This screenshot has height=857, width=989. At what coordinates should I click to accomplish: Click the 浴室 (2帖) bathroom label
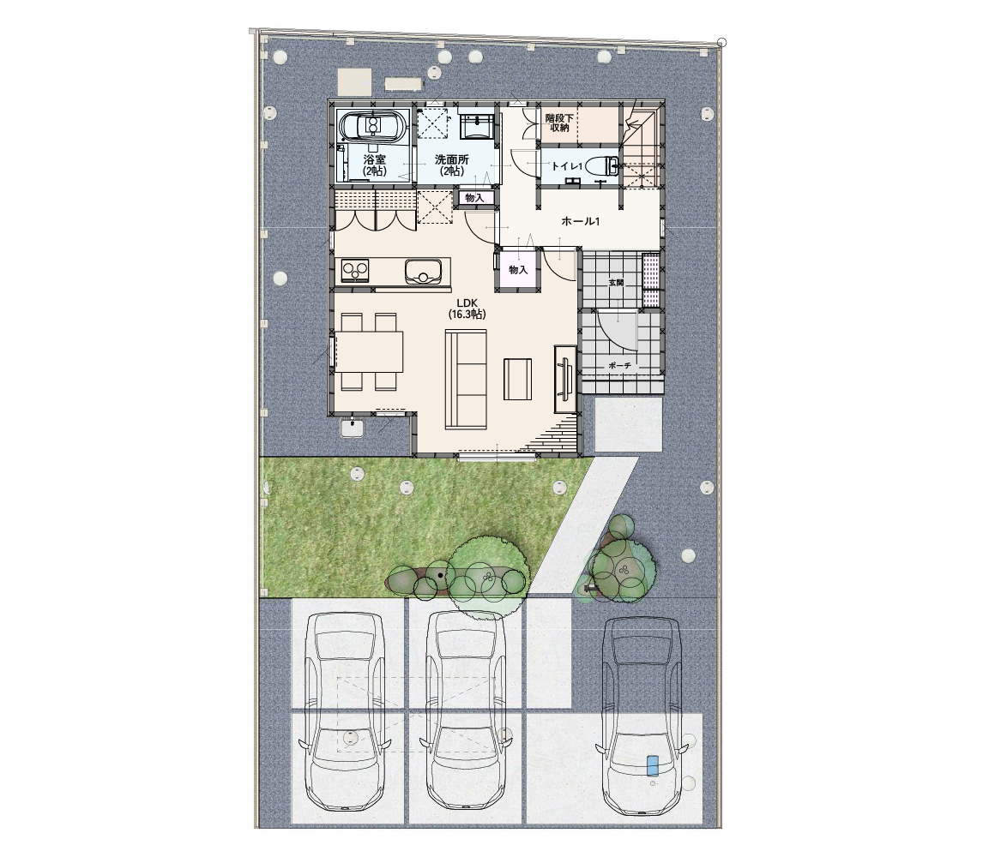coord(375,165)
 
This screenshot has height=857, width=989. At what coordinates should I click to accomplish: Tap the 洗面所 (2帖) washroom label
coord(451,165)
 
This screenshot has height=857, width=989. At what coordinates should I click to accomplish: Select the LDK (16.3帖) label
coord(467,309)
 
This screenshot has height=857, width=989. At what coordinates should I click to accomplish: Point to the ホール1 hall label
coord(581,221)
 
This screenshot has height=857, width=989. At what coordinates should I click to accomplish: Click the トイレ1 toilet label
coord(566,166)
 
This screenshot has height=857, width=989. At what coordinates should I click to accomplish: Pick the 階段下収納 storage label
coord(559,123)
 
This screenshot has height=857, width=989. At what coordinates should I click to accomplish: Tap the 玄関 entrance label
coord(616,283)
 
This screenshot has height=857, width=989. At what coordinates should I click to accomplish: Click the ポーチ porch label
coord(620,365)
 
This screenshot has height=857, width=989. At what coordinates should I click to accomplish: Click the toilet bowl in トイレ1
coord(602,166)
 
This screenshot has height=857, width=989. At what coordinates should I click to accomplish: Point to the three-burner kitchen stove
coord(355,271)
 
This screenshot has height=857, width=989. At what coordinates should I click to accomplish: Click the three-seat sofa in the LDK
coord(466,380)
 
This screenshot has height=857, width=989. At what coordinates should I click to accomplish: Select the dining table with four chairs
coord(368,351)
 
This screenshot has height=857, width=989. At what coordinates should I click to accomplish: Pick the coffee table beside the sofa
coord(517,379)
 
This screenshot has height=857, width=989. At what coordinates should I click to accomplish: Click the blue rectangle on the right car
coord(652,765)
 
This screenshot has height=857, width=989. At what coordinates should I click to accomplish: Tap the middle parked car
coord(466,711)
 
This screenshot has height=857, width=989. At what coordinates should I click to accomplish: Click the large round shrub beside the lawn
coord(488,570)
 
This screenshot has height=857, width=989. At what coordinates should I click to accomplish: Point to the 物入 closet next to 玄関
coord(518,270)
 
